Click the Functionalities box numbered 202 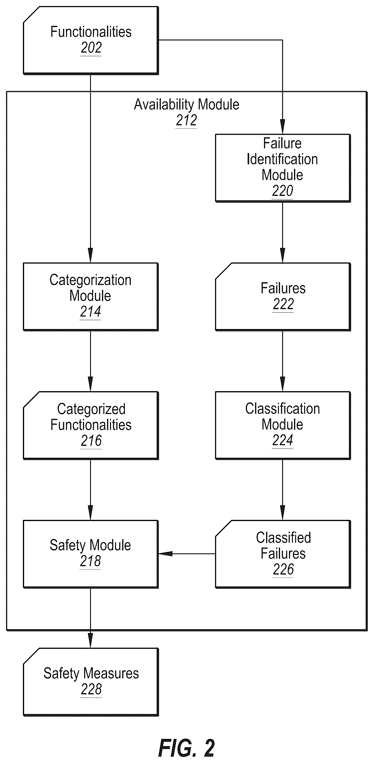coord(91,40)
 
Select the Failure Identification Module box coord(283,168)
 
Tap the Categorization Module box coord(91,297)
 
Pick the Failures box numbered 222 coord(283,297)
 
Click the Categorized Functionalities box coord(91,425)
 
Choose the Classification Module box coord(283,425)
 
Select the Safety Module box coord(91,554)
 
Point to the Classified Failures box coord(283,554)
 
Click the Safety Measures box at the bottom coord(91,682)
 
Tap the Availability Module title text coord(187,105)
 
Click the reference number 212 coord(186,121)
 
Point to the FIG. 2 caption coord(187,748)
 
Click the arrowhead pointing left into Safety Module coord(165,554)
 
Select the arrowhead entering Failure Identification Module coord(282,127)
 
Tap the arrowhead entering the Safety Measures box coord(90,641)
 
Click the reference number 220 coord(282,191)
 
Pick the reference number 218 coord(90,561)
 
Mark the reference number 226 coord(283,570)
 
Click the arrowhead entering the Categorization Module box coord(90,256)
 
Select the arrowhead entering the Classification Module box coord(282,384)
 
